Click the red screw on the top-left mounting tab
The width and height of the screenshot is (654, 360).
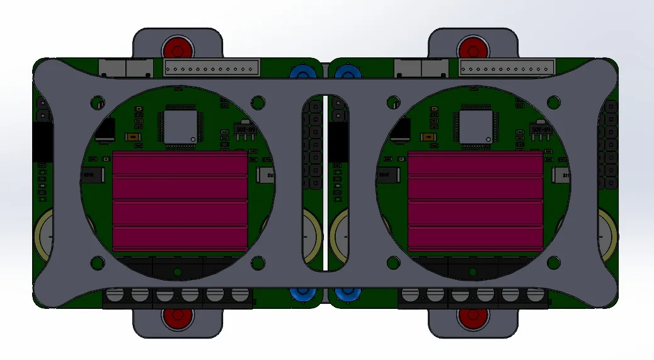click(177, 48)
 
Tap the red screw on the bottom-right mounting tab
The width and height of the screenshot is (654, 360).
click(473, 316)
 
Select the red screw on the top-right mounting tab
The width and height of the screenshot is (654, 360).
click(473, 48)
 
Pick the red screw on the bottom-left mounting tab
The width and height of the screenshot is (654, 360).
click(177, 316)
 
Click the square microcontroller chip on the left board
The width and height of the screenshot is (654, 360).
click(180, 127)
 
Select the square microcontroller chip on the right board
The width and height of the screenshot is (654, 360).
click(476, 127)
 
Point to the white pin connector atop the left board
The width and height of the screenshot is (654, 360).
click(212, 67)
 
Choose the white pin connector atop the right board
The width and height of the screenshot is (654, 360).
click(508, 67)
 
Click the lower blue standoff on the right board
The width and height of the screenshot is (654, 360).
click(346, 294)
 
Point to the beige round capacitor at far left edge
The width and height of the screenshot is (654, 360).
click(43, 235)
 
